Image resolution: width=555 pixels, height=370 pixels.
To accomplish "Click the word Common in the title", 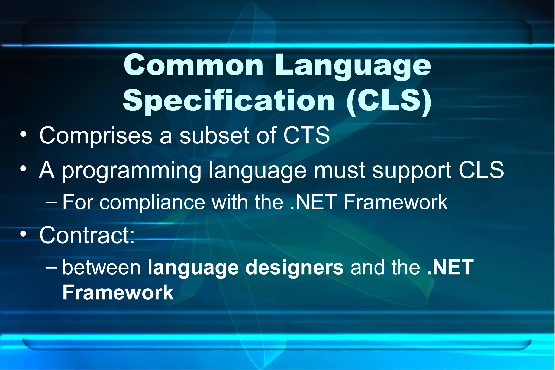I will pos(193,65).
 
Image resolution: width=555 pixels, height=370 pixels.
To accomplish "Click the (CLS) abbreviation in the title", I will pos(389,101).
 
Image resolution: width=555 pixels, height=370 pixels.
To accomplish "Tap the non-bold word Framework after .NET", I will pos(395,202).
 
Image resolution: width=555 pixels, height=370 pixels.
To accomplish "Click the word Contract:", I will pos(87,235).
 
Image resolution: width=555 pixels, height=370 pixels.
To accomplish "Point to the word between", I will pos(102,267).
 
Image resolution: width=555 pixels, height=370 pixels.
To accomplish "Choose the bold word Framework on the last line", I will pos(118,292).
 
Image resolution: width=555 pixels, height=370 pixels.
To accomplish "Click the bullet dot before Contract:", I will pos(24,234).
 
